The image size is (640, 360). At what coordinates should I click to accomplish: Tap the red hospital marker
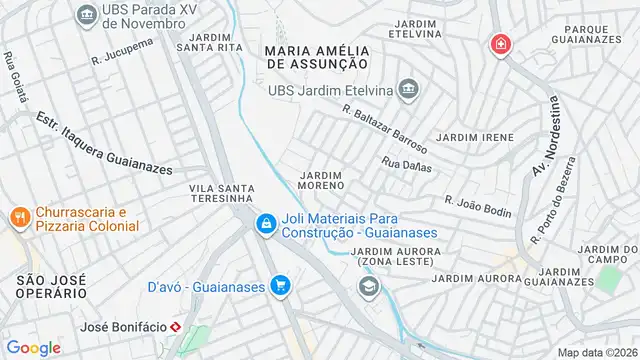[499, 45]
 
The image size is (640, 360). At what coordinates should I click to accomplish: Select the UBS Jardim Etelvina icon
[407, 91]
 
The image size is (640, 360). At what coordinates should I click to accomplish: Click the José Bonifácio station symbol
[176, 327]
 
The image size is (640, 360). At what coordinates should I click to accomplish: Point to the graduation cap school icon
[369, 288]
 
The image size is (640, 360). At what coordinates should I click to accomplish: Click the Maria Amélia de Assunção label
[318, 56]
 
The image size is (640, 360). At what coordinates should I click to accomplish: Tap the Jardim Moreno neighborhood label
[322, 180]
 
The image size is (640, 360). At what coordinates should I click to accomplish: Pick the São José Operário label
[50, 284]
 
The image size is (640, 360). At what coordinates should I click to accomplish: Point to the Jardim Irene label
[475, 137]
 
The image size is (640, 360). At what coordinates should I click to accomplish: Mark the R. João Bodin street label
[478, 206]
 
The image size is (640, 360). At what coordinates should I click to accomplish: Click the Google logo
[34, 347]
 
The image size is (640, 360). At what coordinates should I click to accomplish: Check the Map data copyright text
[597, 352]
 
